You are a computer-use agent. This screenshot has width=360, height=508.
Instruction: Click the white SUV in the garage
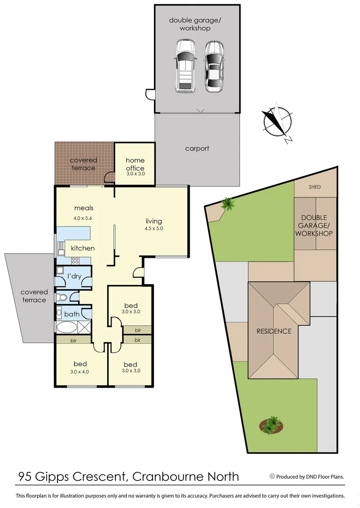(x=185, y=66)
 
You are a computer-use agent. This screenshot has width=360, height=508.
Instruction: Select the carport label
(x=197, y=148)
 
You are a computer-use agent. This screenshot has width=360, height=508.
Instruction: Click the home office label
(x=135, y=164)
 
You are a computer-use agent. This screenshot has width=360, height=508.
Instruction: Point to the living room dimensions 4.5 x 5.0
(x=154, y=229)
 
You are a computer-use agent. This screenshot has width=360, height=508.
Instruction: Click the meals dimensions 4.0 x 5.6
(x=83, y=218)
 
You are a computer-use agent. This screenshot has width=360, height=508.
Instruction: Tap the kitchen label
(x=83, y=248)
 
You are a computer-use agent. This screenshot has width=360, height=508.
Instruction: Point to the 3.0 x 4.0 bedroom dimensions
(x=80, y=371)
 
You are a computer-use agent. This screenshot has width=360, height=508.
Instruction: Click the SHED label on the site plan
(x=315, y=187)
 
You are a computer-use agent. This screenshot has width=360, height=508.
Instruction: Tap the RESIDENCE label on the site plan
(x=274, y=331)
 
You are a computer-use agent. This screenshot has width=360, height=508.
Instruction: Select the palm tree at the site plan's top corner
(x=228, y=204)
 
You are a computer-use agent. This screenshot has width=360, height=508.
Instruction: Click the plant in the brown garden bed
(x=272, y=425)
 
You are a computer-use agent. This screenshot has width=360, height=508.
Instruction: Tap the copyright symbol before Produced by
(x=272, y=476)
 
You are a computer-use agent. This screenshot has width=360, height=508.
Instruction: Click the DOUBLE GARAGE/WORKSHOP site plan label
(x=315, y=225)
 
